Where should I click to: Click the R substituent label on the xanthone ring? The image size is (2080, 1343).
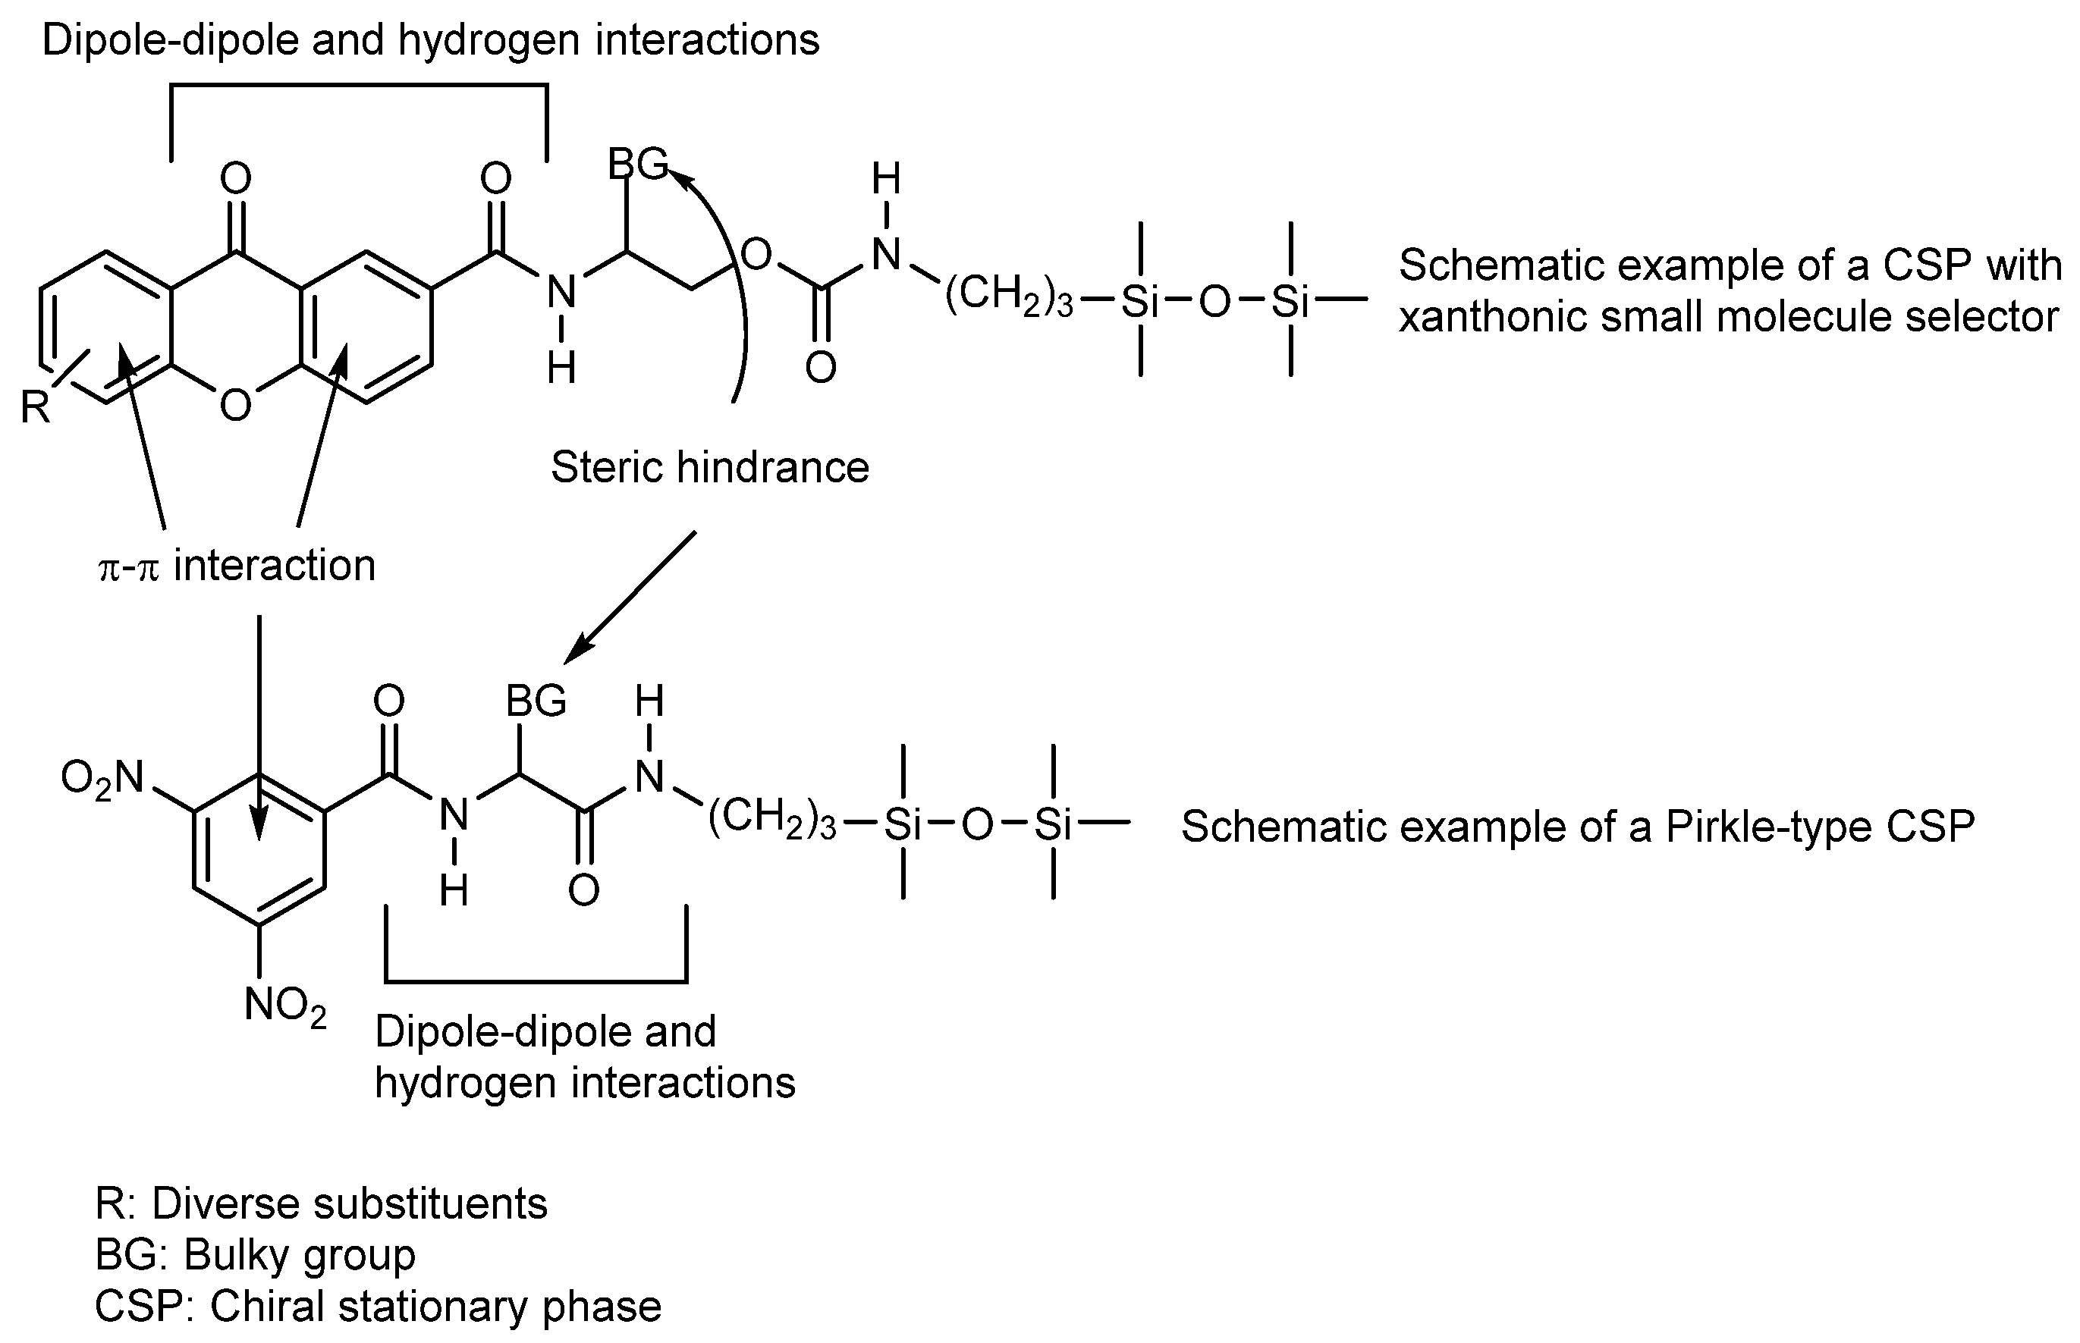click(x=36, y=407)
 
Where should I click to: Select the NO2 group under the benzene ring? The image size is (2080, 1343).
click(x=285, y=1006)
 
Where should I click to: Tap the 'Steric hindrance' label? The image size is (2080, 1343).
click(x=709, y=467)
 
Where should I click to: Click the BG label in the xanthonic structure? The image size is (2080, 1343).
click(x=636, y=163)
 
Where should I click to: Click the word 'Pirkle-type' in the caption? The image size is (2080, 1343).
click(x=1771, y=827)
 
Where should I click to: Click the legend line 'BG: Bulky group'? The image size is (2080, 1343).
click(x=256, y=1255)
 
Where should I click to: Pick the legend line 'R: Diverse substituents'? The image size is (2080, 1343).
click(x=321, y=1203)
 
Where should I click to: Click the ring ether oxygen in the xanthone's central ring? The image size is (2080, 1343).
click(x=235, y=405)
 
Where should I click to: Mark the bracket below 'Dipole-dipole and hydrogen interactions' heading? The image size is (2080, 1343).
click(x=359, y=86)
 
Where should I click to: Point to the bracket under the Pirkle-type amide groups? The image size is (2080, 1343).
click(x=536, y=981)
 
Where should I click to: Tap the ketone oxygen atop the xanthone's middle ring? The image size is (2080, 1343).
click(x=235, y=179)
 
